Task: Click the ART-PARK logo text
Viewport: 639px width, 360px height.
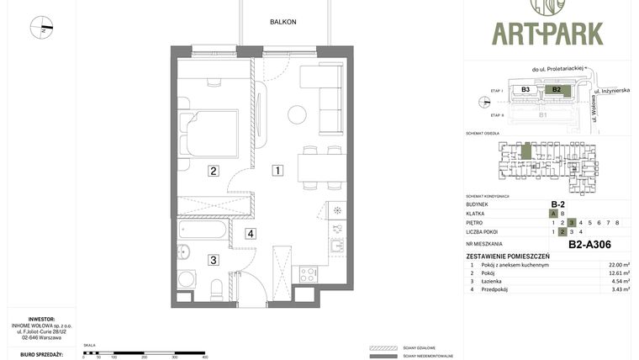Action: [x=547, y=34]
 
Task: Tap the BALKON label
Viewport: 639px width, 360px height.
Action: [x=283, y=22]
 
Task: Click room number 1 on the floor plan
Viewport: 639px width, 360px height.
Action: [x=277, y=171]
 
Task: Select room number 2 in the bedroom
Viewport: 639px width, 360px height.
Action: [x=214, y=171]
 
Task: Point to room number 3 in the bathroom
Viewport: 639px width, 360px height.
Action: [x=214, y=260]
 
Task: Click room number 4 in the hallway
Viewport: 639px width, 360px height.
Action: [x=251, y=234]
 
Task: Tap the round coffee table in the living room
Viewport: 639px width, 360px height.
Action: [x=297, y=114]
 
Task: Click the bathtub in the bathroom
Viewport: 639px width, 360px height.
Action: [x=202, y=230]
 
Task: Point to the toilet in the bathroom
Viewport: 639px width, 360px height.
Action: [x=216, y=289]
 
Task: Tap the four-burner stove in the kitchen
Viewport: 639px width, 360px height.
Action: [x=308, y=274]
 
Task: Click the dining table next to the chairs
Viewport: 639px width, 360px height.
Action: [x=322, y=168]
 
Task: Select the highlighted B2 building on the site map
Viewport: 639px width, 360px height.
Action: [x=556, y=89]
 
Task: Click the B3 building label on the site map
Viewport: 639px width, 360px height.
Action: [x=525, y=89]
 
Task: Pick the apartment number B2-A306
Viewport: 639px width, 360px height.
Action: [x=589, y=245]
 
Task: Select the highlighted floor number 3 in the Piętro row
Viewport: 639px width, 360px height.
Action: [x=572, y=223]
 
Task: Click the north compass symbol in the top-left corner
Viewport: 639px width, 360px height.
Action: [x=41, y=27]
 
